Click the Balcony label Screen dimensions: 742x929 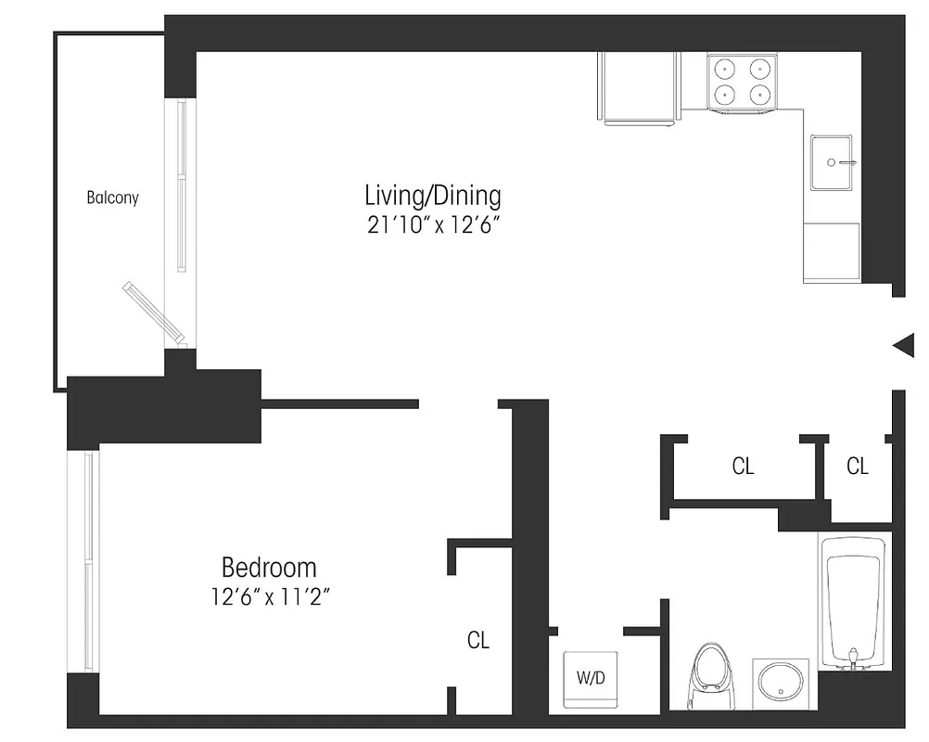pyautogui.click(x=112, y=198)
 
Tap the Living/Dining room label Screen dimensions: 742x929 pyautogui.click(x=432, y=196)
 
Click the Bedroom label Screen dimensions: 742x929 pyautogui.click(x=268, y=567)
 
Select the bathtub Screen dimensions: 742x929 pyautogui.click(x=854, y=603)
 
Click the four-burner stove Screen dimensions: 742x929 pyautogui.click(x=742, y=81)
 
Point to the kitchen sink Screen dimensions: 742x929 pyautogui.click(x=831, y=163)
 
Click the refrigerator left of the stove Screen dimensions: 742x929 pyautogui.click(x=640, y=88)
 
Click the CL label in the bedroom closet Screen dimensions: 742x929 pyautogui.click(x=478, y=640)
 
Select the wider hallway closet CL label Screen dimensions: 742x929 pyautogui.click(x=743, y=467)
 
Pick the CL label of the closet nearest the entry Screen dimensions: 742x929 pyautogui.click(x=858, y=467)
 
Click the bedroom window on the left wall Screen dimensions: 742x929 pyautogui.click(x=89, y=561)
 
